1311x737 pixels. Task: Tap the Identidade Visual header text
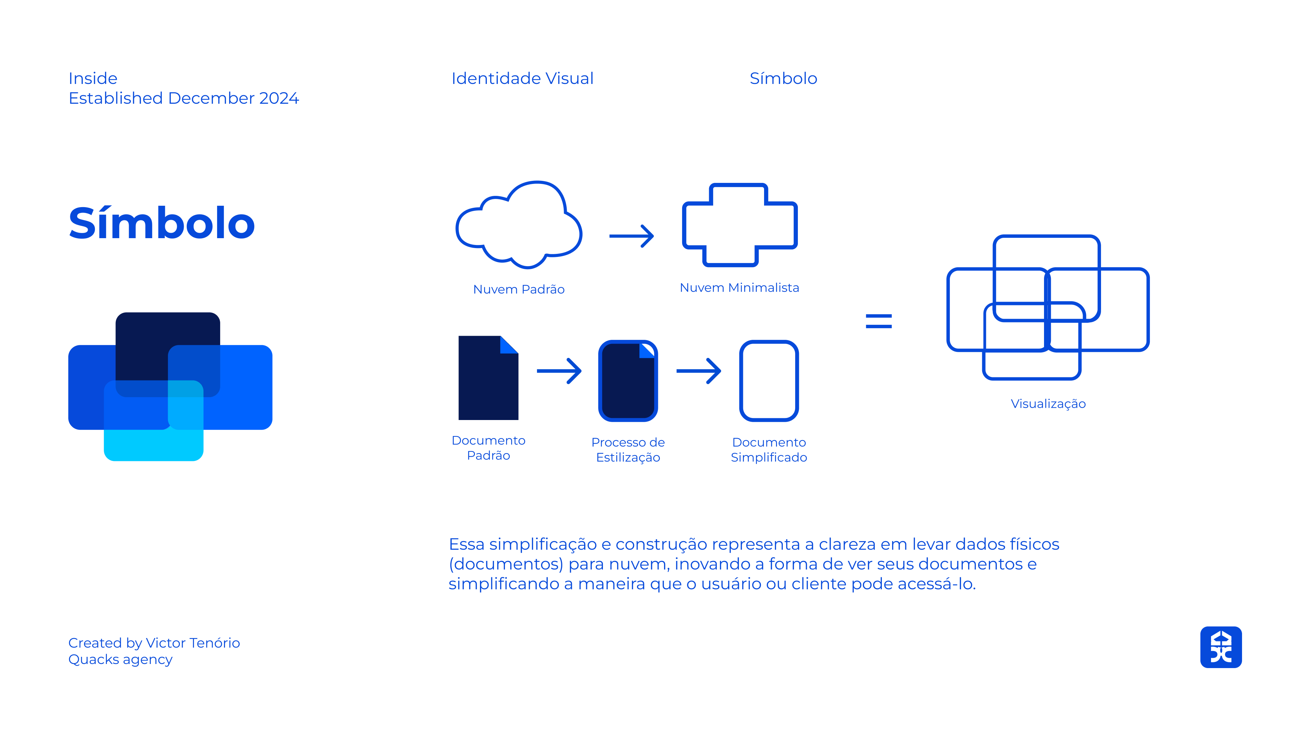(522, 78)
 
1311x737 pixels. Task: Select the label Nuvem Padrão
(519, 289)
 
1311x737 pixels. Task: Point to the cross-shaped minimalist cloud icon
(739, 225)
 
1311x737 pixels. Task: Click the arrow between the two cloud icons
(631, 236)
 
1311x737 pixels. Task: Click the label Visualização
(1048, 404)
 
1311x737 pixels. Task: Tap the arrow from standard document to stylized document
(559, 371)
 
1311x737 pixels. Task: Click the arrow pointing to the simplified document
(698, 371)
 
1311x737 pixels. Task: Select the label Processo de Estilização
(628, 450)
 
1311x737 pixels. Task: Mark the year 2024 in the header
(279, 98)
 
